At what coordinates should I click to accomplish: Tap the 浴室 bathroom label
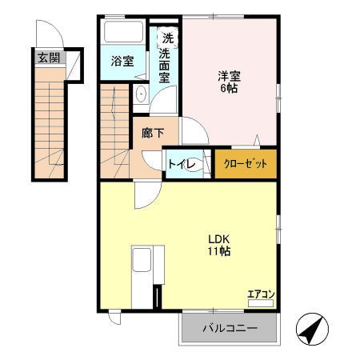tap(122, 62)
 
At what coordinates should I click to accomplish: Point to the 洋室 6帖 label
tap(230, 82)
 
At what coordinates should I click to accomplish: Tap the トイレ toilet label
tap(179, 164)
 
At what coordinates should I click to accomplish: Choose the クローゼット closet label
tap(246, 163)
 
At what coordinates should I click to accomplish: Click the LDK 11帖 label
tap(220, 245)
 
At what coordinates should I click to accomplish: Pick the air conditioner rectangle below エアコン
tap(261, 304)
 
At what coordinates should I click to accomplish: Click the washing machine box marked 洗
tap(167, 36)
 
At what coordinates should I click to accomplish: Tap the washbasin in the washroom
tap(142, 92)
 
